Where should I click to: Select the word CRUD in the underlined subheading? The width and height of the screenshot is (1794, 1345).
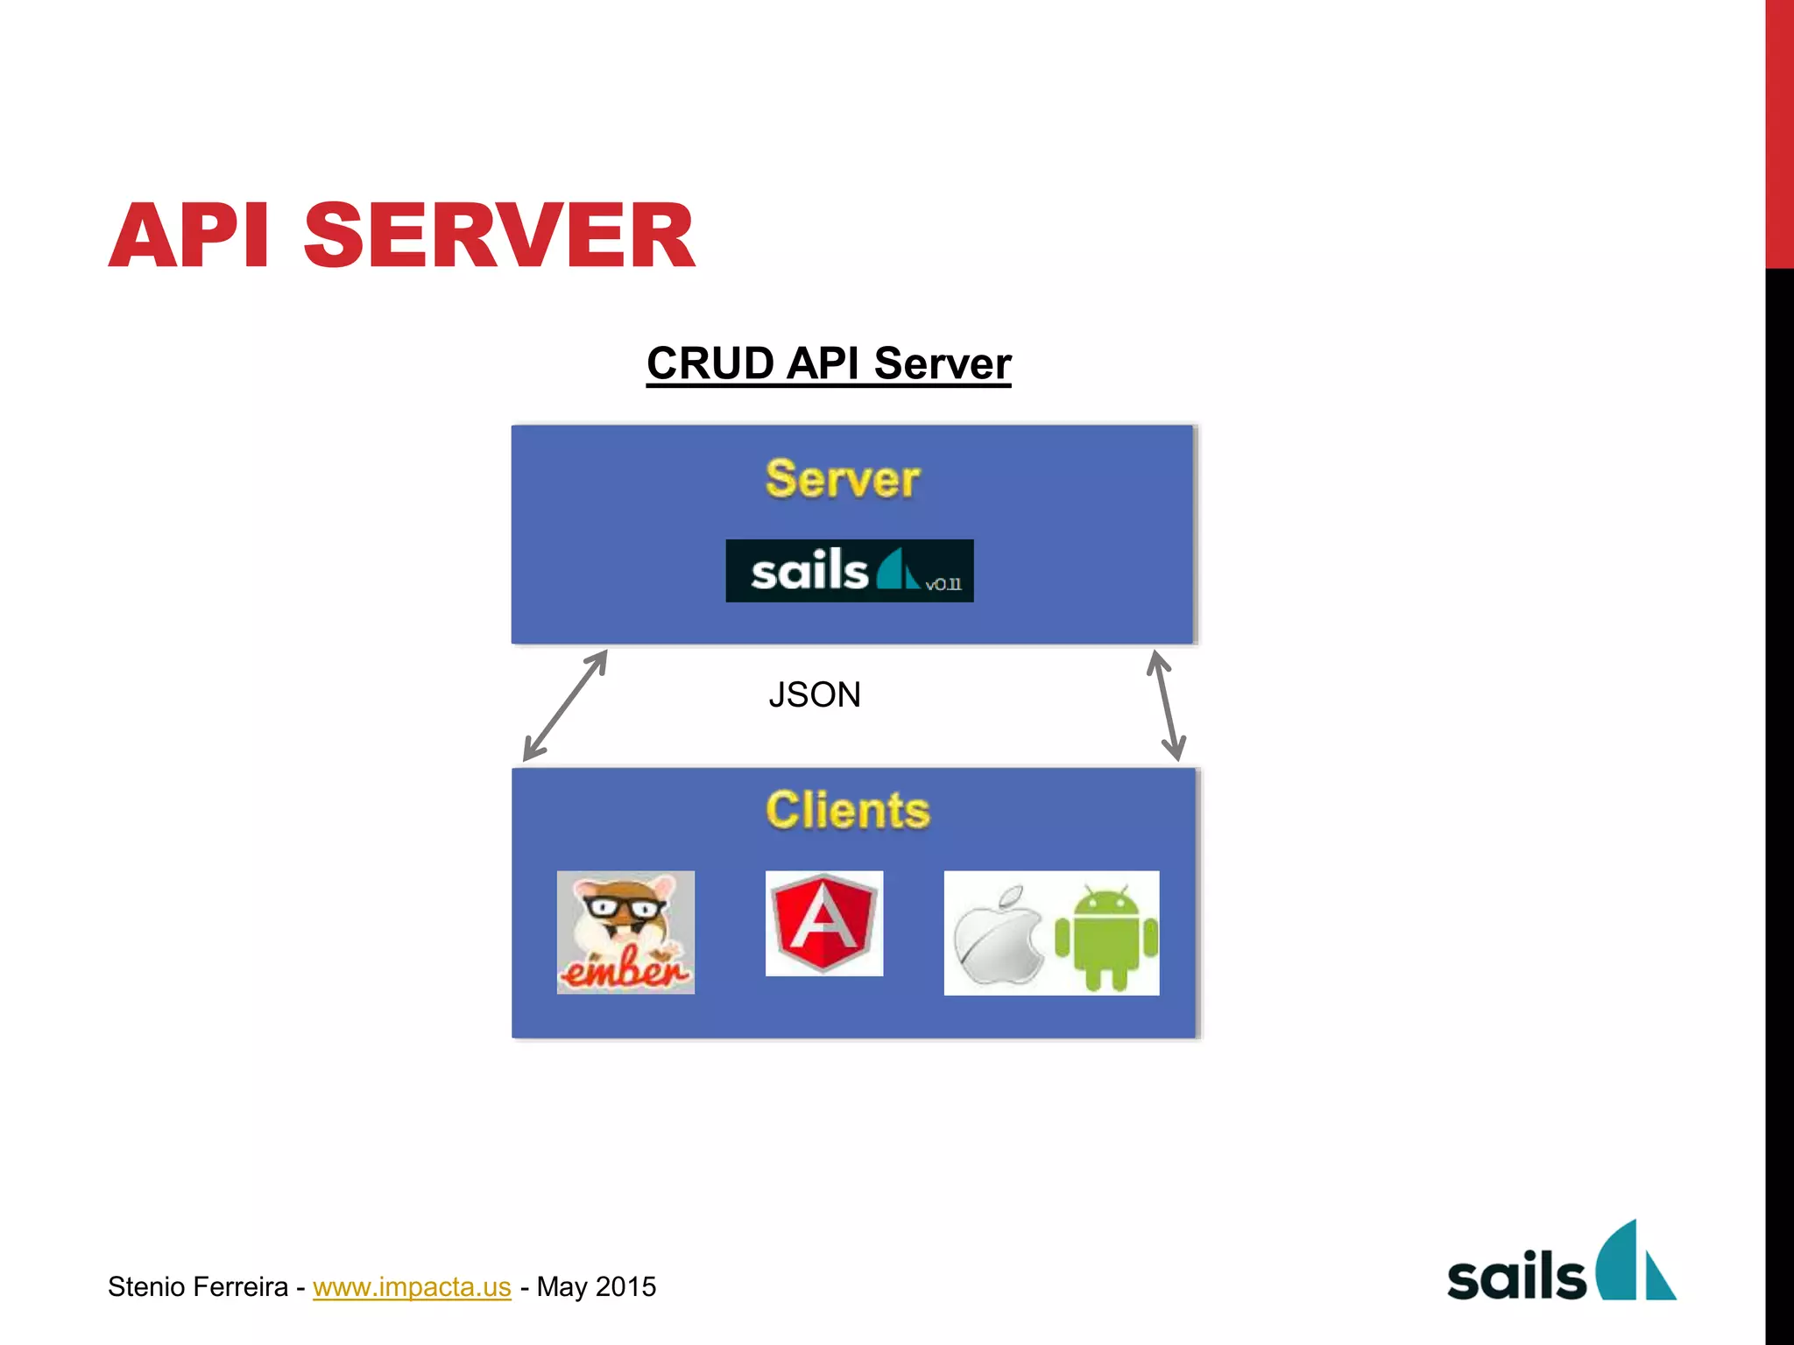[x=710, y=363]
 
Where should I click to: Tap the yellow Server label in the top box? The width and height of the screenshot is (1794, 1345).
[x=843, y=479]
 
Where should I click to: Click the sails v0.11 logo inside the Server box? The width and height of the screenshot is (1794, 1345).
[x=849, y=571]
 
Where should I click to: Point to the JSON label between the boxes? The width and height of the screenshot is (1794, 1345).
[x=815, y=695]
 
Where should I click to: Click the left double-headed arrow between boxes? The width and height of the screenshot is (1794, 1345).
[x=565, y=705]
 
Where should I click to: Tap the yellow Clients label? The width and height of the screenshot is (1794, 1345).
[x=848, y=810]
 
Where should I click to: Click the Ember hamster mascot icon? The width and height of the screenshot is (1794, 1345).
[x=625, y=933]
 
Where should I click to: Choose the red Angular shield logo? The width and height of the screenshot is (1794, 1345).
[x=824, y=924]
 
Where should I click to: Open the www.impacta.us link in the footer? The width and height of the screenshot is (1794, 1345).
[x=412, y=1287]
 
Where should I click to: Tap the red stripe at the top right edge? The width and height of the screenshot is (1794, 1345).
[x=1779, y=131]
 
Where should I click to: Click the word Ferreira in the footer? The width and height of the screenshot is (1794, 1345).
[x=241, y=1287]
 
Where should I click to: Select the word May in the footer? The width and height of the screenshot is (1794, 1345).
[x=562, y=1287]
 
